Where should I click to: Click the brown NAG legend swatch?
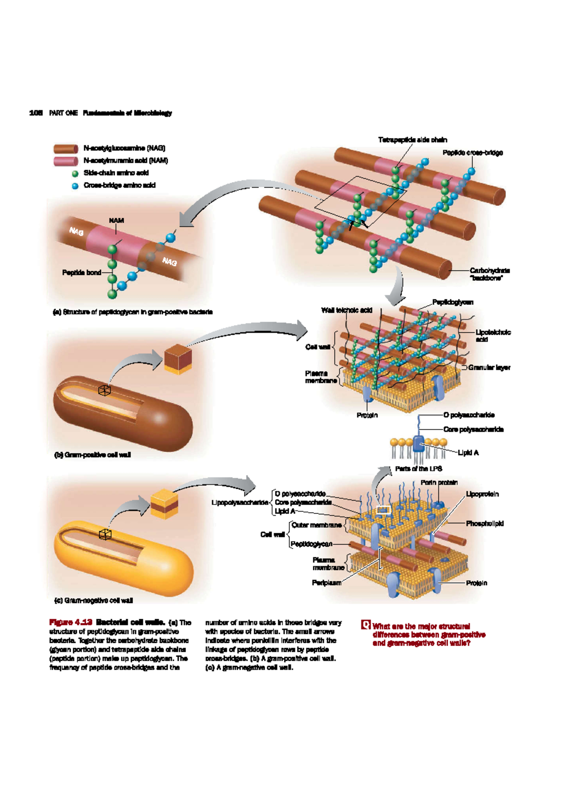pos(65,149)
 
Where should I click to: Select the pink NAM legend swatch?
pos(65,161)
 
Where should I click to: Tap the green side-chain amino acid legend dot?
pos(75,174)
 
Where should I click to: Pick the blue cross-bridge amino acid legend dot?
pos(75,186)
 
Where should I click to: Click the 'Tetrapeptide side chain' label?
pos(412,140)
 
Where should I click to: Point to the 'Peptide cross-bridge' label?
pos(472,153)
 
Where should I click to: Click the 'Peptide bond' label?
pos(82,273)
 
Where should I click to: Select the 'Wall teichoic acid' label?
pos(347,311)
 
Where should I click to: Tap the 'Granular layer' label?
pos(489,367)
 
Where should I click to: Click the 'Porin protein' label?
pos(439,483)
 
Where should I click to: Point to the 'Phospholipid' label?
pos(485,524)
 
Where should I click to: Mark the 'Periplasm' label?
pos(326,583)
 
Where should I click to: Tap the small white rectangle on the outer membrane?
pos(383,510)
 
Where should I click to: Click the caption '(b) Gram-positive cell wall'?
pos(92,455)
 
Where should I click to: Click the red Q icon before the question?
pos(366,625)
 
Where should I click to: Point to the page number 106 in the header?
pos(36,113)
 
